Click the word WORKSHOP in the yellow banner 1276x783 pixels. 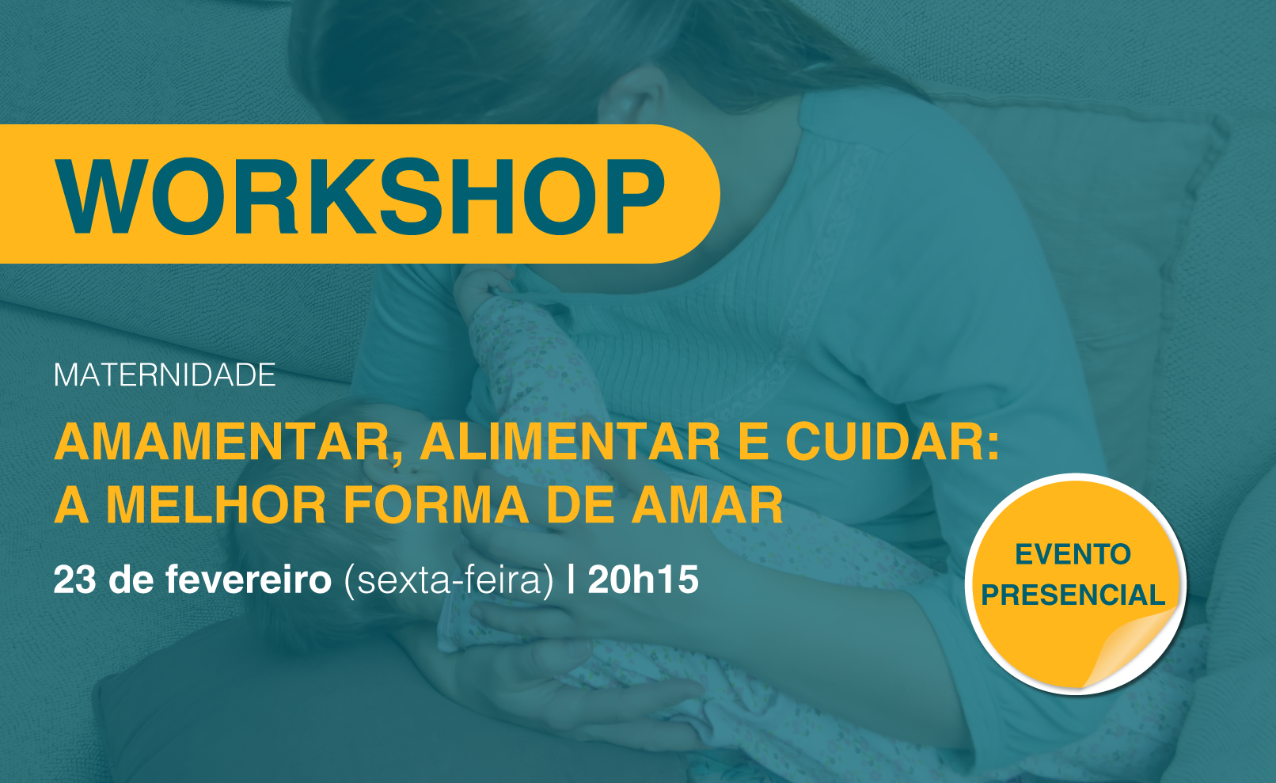pos(360,196)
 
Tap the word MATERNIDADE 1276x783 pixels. pos(165,375)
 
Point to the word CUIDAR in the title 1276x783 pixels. pos(892,442)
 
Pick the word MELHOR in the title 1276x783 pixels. pos(216,505)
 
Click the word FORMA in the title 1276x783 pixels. pos(436,505)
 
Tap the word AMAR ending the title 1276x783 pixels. pos(708,505)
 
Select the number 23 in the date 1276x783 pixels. pos(74,580)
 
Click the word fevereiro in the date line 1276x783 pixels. pos(249,580)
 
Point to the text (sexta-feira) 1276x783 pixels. pos(449,580)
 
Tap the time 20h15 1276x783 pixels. pos(643,580)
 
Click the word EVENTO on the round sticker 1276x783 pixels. pos(1073,554)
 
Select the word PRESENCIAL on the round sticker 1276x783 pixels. pos(1073,595)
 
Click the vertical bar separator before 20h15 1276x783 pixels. pos(571,580)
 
